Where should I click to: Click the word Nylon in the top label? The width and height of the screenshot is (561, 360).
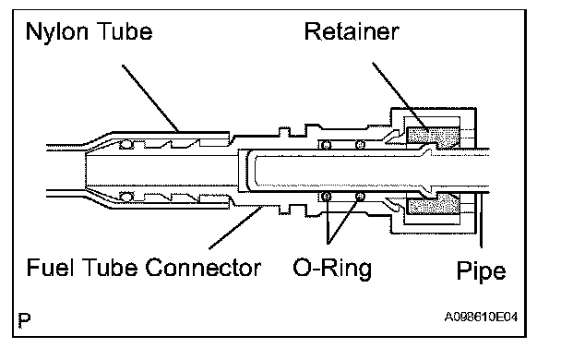pos(56,32)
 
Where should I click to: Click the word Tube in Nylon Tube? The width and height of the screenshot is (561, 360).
pos(125,31)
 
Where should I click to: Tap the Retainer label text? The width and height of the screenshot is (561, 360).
pos(352,31)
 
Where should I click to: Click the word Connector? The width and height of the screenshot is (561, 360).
pos(203,267)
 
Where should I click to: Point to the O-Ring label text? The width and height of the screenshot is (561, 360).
pos(332,268)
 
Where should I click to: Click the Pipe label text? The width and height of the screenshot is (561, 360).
pos(481,271)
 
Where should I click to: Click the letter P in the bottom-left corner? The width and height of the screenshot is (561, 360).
pos(24,320)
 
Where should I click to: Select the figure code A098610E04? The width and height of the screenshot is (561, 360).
pos(481,317)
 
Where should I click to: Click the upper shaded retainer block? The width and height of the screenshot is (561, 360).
pos(433,137)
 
